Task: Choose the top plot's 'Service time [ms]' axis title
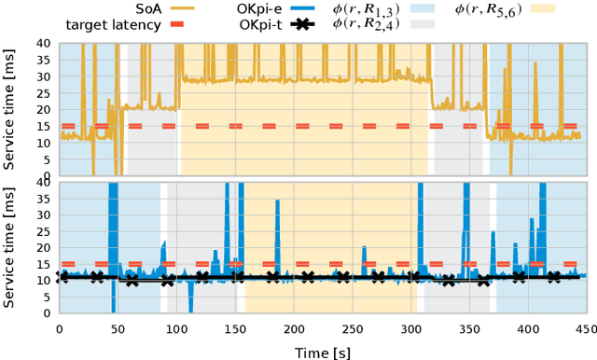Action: [10, 108]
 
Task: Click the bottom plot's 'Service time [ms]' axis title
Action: [10, 247]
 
